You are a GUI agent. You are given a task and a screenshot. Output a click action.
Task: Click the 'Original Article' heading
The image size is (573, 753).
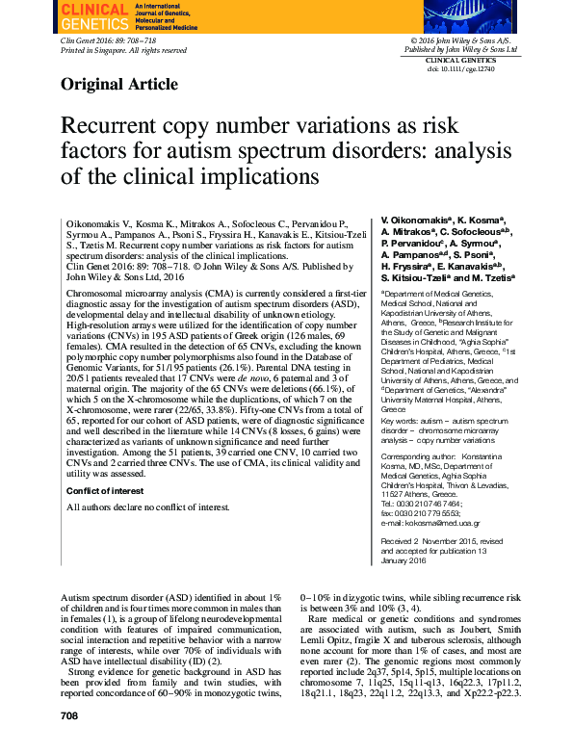click(118, 84)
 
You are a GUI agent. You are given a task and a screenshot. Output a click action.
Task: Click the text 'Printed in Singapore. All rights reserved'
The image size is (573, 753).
click(122, 50)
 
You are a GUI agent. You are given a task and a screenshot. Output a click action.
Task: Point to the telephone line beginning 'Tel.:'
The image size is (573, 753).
click(421, 503)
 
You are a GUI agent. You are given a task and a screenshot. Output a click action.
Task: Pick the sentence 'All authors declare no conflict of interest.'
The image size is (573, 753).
click(136, 506)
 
